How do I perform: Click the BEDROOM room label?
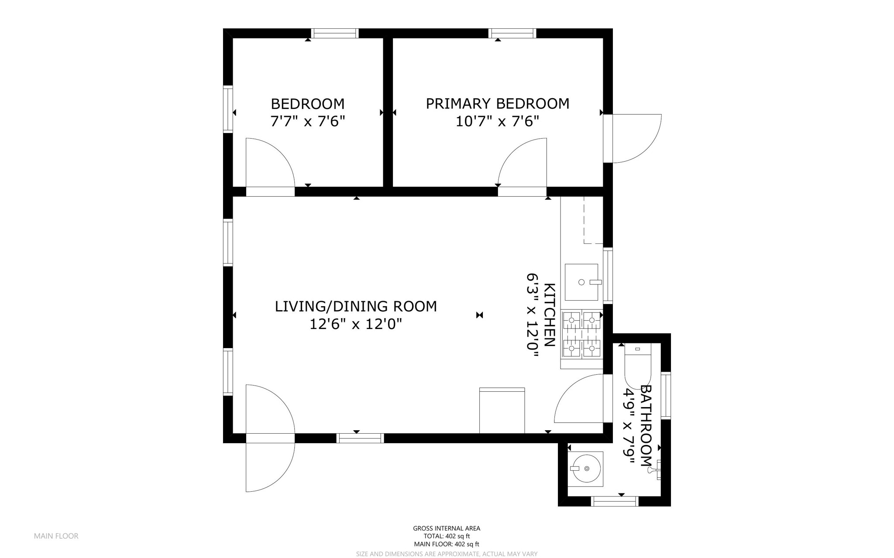click(308, 104)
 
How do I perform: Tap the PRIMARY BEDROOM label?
click(497, 103)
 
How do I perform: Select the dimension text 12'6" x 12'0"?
click(355, 324)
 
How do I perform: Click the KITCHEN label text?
click(550, 315)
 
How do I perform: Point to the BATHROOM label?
click(646, 425)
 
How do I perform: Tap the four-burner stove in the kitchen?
click(581, 334)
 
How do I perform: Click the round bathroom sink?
click(585, 469)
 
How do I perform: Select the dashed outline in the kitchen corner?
click(593, 220)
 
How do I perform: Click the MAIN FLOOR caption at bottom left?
click(56, 536)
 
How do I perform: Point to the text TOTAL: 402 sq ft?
click(447, 536)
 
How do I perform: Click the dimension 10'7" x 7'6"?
click(497, 121)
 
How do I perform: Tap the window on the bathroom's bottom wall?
click(615, 502)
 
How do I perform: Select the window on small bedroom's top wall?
click(335, 33)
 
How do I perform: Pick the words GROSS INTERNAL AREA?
click(447, 528)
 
